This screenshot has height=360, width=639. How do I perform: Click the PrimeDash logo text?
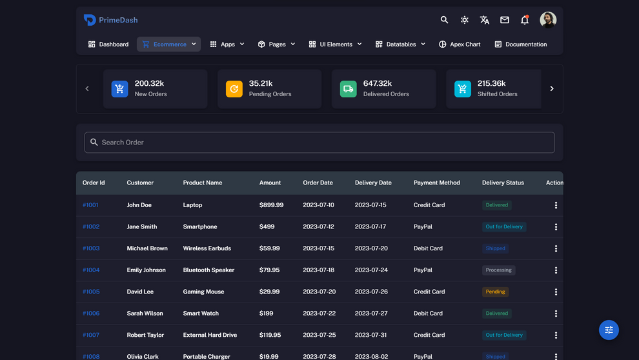[118, 20]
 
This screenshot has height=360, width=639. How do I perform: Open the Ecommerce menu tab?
[168, 44]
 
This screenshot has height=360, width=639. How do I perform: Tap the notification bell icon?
[525, 20]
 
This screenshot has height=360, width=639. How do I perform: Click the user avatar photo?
[548, 20]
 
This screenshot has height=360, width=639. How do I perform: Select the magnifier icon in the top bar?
[444, 20]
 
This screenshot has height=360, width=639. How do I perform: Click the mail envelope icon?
[505, 20]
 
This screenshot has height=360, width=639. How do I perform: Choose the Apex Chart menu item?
[460, 44]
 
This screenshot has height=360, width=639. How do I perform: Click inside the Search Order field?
[319, 142]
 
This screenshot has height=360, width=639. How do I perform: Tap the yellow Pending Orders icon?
[234, 88]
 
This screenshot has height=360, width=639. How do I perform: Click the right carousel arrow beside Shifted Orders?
[552, 88]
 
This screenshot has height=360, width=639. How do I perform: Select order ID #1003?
[91, 248]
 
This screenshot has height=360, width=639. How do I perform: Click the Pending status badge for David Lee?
[495, 292]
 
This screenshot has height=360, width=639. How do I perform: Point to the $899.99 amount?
[271, 205]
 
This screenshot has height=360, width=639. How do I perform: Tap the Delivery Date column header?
[373, 183]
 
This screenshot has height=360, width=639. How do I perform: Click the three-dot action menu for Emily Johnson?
[556, 270]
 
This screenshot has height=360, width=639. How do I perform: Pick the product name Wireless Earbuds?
[207, 248]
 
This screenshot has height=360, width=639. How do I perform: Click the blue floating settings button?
[609, 330]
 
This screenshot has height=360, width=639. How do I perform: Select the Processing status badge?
[498, 270]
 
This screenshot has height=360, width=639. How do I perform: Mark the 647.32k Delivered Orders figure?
[378, 83]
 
